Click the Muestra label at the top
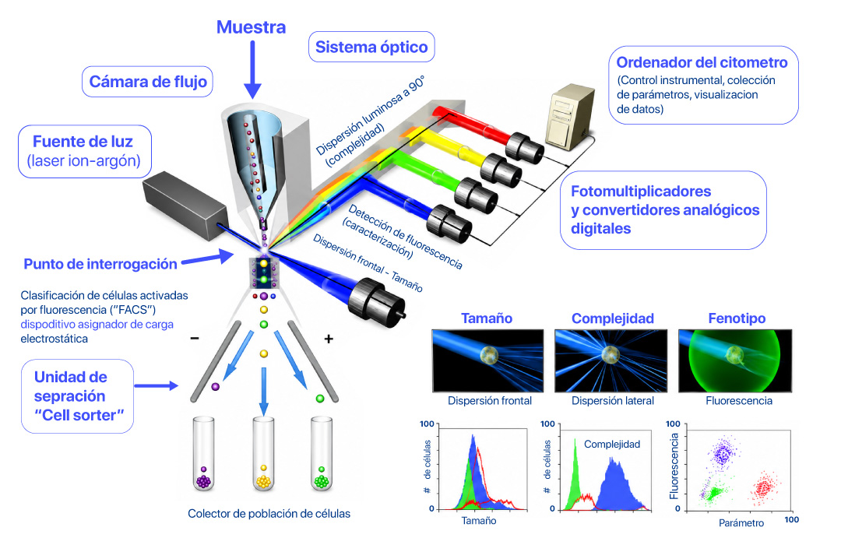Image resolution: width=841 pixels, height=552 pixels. pyautogui.click(x=251, y=27)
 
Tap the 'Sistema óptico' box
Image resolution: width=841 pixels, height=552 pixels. pyautogui.click(x=371, y=47)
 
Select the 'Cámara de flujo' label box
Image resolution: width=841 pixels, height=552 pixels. pyautogui.click(x=147, y=82)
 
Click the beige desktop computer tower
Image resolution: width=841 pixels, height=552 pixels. pyautogui.click(x=569, y=117)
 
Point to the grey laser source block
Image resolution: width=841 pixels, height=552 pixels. pyautogui.click(x=185, y=205)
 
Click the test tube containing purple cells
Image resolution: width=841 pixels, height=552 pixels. pyautogui.click(x=203, y=453)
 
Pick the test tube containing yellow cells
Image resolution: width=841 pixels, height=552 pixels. pyautogui.click(x=263, y=453)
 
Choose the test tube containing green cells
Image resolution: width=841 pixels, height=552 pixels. pyautogui.click(x=322, y=453)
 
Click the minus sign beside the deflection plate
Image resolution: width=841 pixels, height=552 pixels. pyautogui.click(x=195, y=339)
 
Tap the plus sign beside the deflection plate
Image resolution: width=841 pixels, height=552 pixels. pyautogui.click(x=329, y=339)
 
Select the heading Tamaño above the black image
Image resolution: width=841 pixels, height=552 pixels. pyautogui.click(x=487, y=318)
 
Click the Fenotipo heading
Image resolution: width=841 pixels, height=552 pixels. pyautogui.click(x=737, y=318)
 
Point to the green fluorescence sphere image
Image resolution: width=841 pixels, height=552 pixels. pyautogui.click(x=735, y=360)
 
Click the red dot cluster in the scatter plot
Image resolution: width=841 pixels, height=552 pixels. pyautogui.click(x=764, y=487)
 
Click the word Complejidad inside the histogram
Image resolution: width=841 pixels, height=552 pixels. pyautogui.click(x=612, y=445)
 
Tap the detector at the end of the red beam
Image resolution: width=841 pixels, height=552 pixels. pyautogui.click(x=524, y=146)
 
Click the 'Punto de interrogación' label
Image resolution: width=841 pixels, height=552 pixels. pyautogui.click(x=100, y=264)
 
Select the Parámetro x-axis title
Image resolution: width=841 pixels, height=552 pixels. pyautogui.click(x=741, y=522)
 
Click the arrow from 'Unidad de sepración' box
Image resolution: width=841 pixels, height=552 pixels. pyautogui.click(x=156, y=385)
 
